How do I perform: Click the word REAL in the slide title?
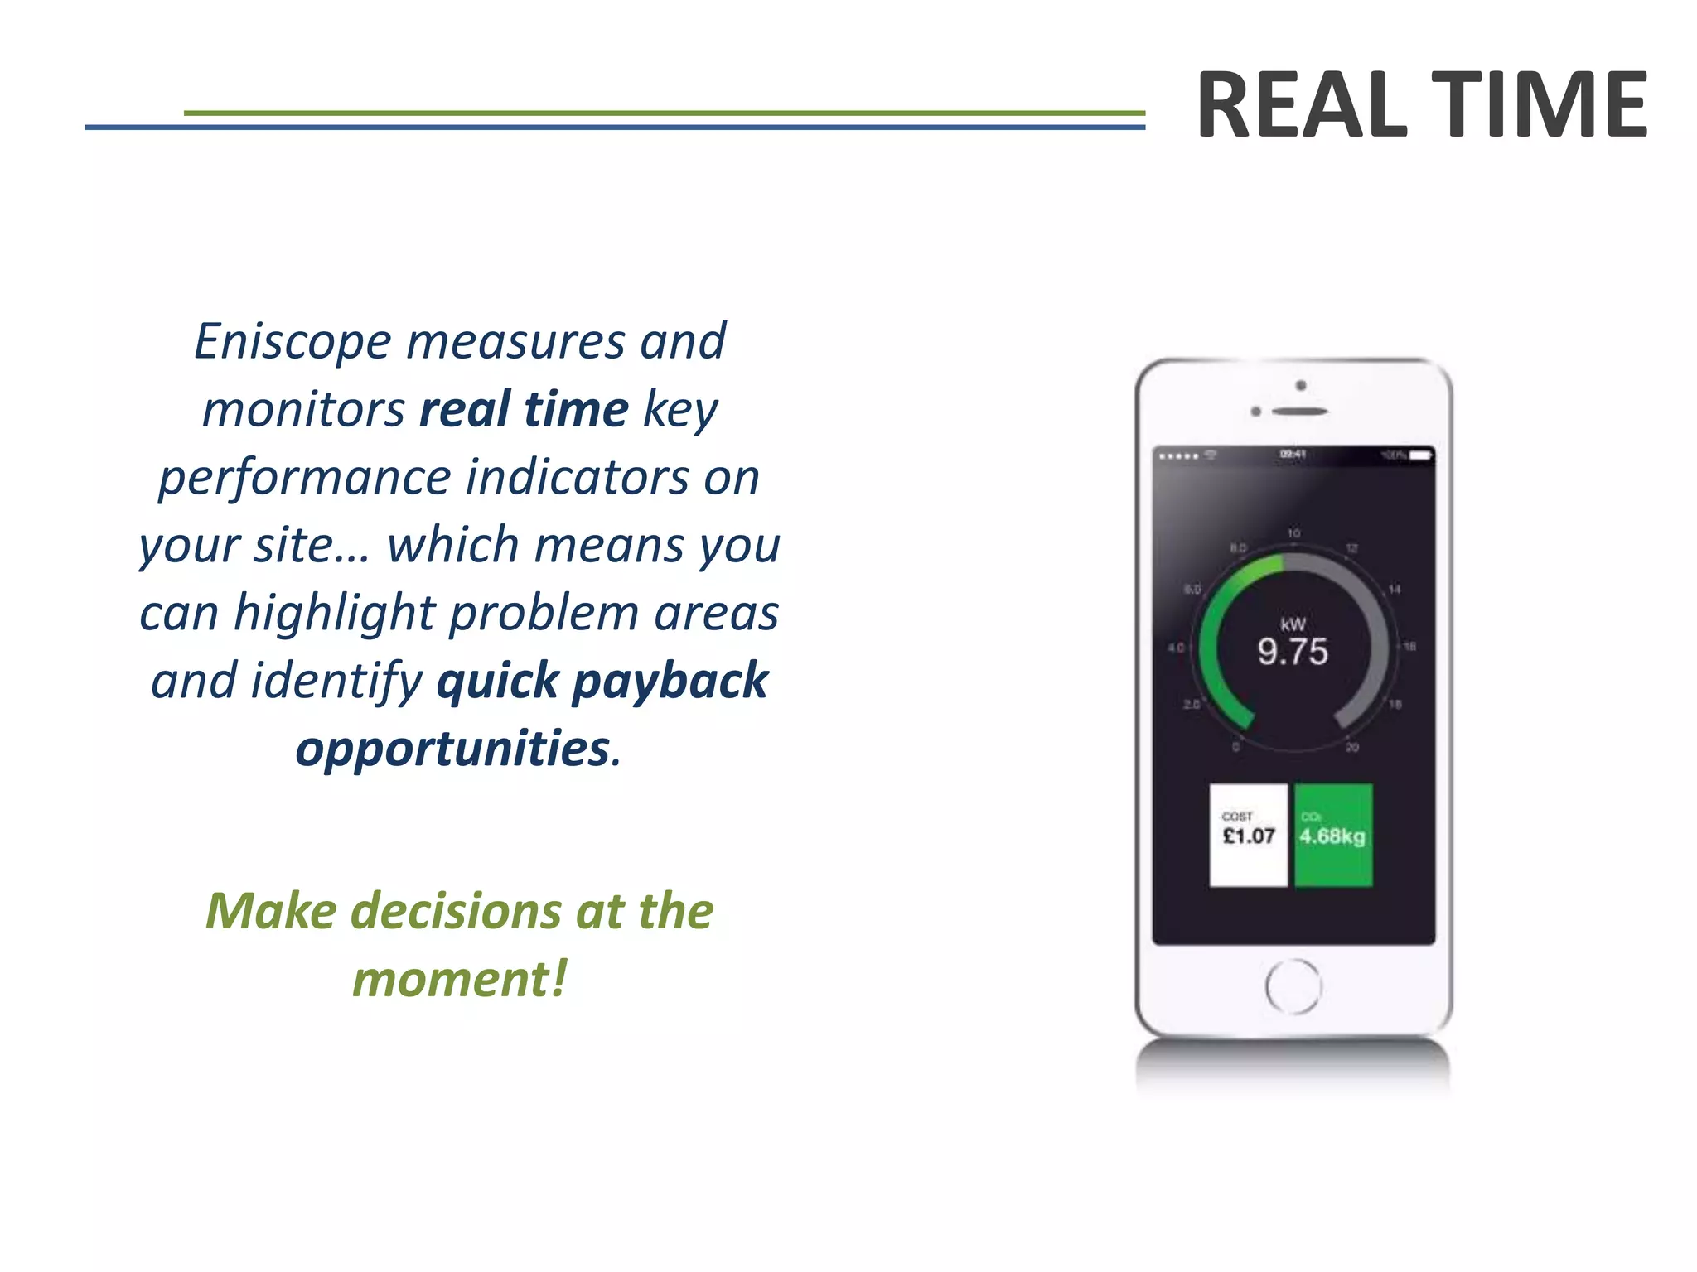[x=1302, y=105]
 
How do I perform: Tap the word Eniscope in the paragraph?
[x=293, y=341]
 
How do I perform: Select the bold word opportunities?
[x=453, y=749]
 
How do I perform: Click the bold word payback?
[x=670, y=681]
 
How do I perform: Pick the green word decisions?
[x=456, y=911]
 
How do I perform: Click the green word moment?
[x=460, y=979]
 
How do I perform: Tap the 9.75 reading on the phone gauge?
[x=1293, y=652]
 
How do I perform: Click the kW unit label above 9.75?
[x=1293, y=624]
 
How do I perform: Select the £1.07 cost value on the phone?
[x=1249, y=836]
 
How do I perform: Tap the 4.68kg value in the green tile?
[x=1332, y=836]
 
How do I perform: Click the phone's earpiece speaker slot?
[x=1299, y=412]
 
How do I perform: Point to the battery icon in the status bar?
[x=1420, y=455]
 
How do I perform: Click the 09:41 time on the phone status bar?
[x=1293, y=454]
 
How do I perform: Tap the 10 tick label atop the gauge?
[x=1293, y=532]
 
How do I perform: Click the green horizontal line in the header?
[x=663, y=113]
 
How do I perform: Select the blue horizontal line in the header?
[x=613, y=128]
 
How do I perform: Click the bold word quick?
[x=497, y=681]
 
